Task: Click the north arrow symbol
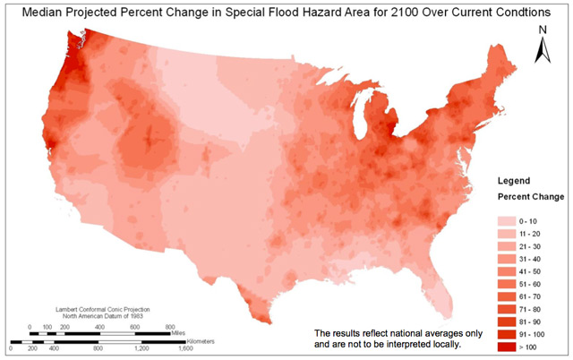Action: [543, 50]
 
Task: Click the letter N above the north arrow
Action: [543, 30]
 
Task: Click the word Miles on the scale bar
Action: [181, 330]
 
